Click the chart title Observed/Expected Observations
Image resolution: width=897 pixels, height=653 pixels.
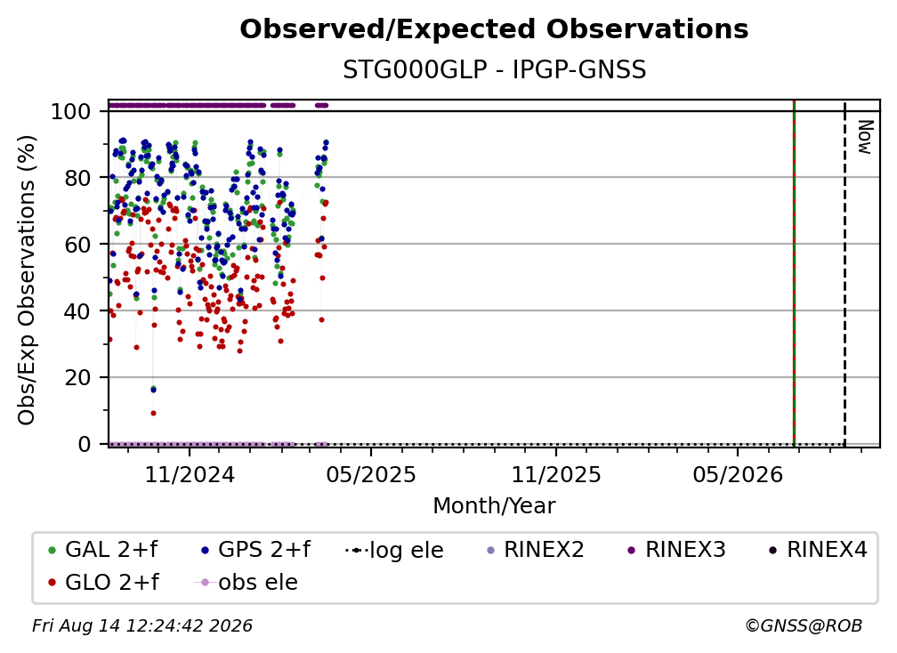tap(494, 29)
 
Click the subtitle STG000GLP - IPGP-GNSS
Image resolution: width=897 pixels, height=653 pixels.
tap(494, 70)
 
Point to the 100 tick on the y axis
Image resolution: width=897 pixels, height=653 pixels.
tap(71, 111)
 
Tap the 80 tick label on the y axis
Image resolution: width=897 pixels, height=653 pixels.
tap(77, 178)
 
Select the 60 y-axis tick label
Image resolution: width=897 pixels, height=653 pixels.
tap(77, 245)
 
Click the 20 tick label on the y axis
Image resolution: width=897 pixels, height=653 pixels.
tap(77, 378)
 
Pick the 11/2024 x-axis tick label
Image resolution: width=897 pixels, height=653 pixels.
tap(190, 475)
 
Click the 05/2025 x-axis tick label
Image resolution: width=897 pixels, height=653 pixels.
tap(371, 475)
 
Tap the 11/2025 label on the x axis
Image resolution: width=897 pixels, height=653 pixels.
tap(556, 475)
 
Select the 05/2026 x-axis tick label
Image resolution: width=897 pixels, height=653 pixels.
tap(738, 475)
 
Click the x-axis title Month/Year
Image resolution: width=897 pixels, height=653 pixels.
tap(494, 506)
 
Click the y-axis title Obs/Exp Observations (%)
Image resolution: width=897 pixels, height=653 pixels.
tap(27, 279)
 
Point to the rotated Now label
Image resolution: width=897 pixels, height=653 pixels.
tap(865, 137)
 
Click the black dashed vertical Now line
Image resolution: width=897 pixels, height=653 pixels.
tap(845, 273)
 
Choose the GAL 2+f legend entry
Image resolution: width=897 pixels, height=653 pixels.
tap(103, 550)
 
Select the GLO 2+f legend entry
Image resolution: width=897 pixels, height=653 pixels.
tap(103, 583)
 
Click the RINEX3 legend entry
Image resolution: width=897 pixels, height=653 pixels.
tap(676, 550)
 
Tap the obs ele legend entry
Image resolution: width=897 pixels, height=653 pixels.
tap(246, 583)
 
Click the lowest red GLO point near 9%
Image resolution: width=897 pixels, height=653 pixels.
tap(153, 414)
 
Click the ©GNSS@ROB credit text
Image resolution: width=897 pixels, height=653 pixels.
tap(804, 626)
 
